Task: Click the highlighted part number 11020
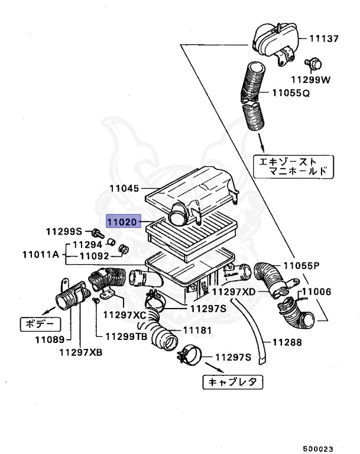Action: (x=122, y=222)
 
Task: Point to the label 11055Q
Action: (x=291, y=93)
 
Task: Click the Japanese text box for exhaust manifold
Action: (x=293, y=166)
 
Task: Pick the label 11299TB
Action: (x=127, y=336)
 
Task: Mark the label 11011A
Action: (x=41, y=255)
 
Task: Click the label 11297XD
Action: (x=234, y=291)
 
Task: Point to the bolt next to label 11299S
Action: (x=95, y=232)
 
